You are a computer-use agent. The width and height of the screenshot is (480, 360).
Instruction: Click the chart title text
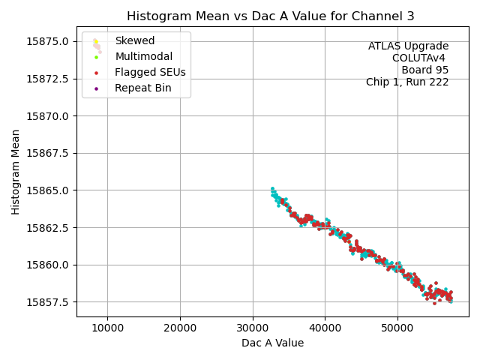coord(270,16)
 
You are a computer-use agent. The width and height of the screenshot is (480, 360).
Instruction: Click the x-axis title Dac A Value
coord(272,343)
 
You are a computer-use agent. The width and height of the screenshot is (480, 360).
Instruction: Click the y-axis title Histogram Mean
coord(16,172)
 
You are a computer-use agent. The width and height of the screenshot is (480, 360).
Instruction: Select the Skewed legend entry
coord(134,40)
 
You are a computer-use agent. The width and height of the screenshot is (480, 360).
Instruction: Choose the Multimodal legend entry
coord(143,56)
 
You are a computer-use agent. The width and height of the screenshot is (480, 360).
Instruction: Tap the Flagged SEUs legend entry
coord(150,73)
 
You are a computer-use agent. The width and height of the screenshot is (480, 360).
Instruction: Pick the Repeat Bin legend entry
coord(142,88)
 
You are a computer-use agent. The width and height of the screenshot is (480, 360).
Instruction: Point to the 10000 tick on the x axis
coord(107,327)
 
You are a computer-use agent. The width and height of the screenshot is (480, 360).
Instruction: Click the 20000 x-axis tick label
coord(180,327)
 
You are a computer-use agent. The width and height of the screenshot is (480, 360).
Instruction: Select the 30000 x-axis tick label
coord(253,327)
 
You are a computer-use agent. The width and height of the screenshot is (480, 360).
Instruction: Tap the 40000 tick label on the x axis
coord(325,327)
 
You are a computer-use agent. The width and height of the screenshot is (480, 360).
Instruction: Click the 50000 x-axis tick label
coord(397,327)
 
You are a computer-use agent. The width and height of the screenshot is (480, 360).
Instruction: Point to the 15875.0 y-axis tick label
coord(48,41)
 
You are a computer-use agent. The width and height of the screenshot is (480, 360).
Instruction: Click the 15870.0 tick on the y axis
coord(48,116)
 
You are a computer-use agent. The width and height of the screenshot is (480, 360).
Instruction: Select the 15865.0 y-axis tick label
coord(48,190)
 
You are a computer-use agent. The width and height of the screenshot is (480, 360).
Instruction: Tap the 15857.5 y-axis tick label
coord(48,302)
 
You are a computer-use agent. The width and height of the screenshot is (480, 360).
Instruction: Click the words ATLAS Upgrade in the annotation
coord(408,46)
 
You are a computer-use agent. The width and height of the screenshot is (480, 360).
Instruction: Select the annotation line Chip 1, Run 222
coord(407,82)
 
